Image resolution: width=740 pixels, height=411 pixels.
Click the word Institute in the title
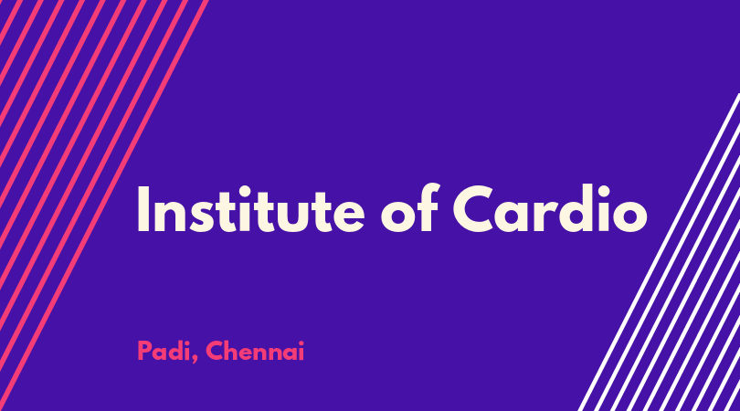[250, 209]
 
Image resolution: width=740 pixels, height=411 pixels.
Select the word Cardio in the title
[550, 208]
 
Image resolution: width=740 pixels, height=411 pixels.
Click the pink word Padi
[164, 351]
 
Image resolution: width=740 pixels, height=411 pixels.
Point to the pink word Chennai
[255, 351]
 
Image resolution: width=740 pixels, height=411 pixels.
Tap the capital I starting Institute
[143, 209]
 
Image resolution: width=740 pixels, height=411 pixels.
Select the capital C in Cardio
[473, 209]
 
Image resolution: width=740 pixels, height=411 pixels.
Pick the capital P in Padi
[144, 351]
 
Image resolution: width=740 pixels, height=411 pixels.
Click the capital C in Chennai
[215, 351]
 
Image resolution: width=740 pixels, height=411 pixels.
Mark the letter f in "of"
[429, 207]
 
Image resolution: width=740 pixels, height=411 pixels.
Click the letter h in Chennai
[233, 351]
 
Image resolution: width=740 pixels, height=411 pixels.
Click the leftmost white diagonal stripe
[659, 252]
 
